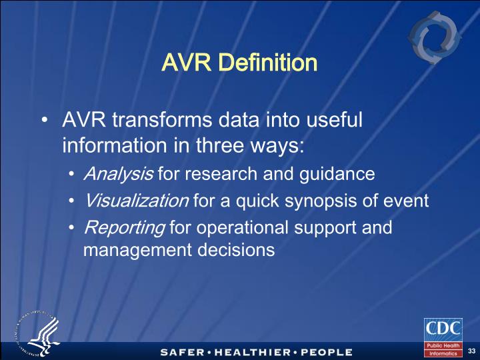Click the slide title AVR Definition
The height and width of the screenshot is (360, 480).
click(x=239, y=63)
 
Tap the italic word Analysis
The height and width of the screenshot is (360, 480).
click(x=118, y=174)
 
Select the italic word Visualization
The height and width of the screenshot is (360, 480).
click(x=136, y=201)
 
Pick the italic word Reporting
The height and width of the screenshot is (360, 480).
click(x=124, y=227)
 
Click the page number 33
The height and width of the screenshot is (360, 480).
click(x=471, y=351)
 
